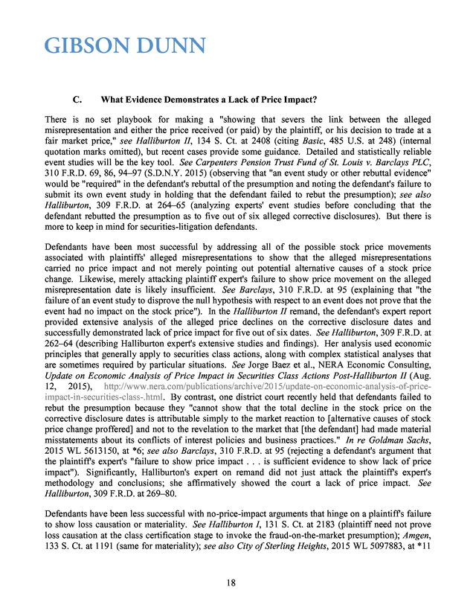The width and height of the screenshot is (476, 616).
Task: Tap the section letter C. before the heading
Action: (76, 99)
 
